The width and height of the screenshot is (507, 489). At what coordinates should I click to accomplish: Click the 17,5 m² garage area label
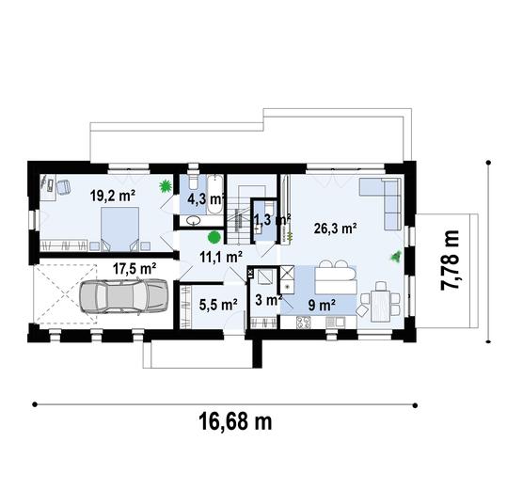tap(135, 268)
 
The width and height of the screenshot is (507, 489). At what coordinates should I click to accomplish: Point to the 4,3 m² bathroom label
tap(204, 199)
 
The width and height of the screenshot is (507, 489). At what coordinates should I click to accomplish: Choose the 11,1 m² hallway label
tap(222, 255)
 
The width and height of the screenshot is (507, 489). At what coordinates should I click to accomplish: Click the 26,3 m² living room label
tap(334, 227)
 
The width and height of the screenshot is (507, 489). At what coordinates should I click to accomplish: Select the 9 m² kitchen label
tap(323, 304)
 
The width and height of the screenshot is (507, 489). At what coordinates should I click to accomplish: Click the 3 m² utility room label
tap(269, 301)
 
